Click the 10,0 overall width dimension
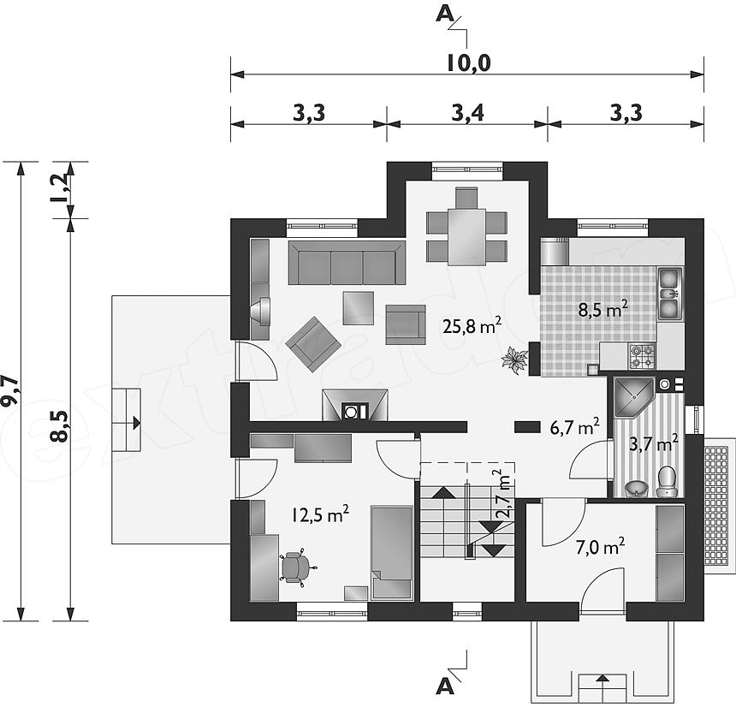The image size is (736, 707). coord(468,62)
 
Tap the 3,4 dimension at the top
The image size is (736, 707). coord(467,113)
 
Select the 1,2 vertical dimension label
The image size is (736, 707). coord(60,187)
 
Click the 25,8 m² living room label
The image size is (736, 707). coord(472,325)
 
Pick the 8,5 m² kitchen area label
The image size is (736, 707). coord(602,310)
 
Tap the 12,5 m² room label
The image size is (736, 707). coord(320,515)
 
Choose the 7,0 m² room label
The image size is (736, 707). coord(600,547)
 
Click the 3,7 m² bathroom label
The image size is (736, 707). coord(653,443)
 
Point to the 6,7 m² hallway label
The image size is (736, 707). coord(574,427)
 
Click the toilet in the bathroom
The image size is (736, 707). coord(667,481)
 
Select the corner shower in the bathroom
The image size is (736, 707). coord(633,397)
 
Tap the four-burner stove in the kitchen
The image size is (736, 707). coord(642,355)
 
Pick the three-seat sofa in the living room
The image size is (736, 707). coord(347,263)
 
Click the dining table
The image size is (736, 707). coord(466,237)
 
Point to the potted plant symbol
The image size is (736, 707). coord(514,360)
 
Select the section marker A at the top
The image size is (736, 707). coord(445,15)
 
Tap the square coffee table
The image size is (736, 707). coord(358,308)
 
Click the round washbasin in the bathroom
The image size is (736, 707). coord(637,489)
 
